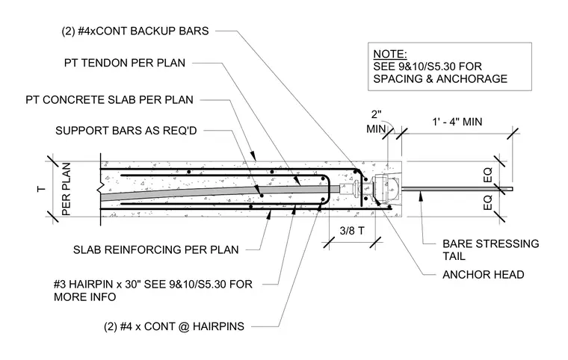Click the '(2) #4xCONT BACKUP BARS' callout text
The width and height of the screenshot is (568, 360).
click(135, 31)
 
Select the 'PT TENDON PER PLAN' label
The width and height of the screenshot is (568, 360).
click(125, 63)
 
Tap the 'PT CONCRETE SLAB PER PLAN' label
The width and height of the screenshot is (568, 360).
click(109, 100)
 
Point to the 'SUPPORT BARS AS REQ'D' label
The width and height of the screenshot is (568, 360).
click(126, 131)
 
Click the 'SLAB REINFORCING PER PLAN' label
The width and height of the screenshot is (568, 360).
click(155, 250)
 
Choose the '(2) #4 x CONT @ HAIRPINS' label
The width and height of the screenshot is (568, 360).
click(174, 326)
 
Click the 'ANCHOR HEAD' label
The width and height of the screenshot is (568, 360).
click(484, 275)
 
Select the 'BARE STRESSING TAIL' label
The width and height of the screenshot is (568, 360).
click(490, 250)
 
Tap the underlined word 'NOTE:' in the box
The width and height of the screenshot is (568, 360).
click(390, 54)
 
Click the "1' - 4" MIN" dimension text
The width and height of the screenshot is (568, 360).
click(457, 122)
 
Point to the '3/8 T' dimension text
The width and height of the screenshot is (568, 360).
click(352, 231)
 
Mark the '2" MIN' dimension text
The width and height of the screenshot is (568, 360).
click(377, 122)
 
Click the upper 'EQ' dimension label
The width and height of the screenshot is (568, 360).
click(488, 175)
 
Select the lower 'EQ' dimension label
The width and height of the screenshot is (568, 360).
click(488, 202)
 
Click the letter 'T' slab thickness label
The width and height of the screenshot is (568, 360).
click(42, 189)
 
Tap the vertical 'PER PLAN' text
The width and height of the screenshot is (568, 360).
click(66, 189)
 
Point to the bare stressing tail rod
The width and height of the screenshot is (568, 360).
click(457, 189)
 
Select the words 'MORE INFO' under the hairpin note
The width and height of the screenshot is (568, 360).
click(84, 297)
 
